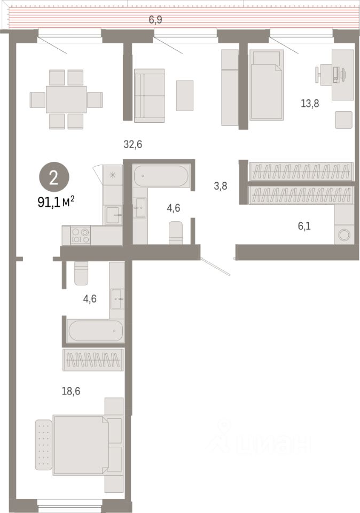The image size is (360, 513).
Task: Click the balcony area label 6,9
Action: point(155,20)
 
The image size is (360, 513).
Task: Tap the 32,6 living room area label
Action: point(133,144)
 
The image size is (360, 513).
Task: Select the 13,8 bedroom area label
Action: point(310,104)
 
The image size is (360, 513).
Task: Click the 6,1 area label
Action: point(304,226)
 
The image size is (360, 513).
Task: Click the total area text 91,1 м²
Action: point(56,202)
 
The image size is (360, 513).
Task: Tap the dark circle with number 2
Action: point(54,177)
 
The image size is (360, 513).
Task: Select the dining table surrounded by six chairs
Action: point(66,99)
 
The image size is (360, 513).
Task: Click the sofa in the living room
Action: point(149,95)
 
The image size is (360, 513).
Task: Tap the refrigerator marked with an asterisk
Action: point(113,174)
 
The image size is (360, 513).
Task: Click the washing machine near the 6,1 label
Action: point(343,235)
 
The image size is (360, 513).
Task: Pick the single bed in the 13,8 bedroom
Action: point(265,84)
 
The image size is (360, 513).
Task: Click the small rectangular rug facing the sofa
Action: point(184,95)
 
